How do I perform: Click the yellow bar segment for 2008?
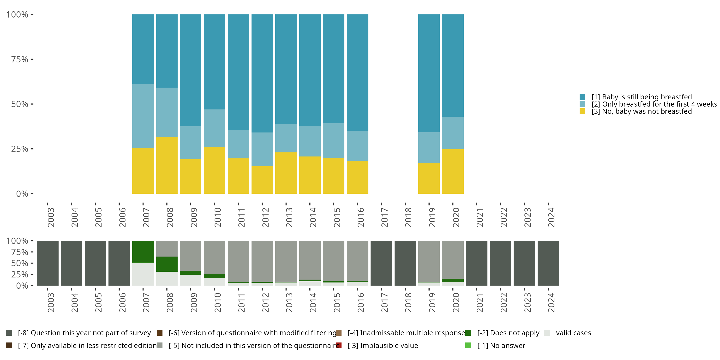click(167, 165)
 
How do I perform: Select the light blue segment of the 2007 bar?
click(143, 116)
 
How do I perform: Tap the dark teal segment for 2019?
click(429, 73)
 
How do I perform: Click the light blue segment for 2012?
click(262, 149)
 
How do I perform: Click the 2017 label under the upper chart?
click(384, 217)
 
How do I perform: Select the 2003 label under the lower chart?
click(51, 302)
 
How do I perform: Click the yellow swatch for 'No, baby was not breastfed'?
click(582, 112)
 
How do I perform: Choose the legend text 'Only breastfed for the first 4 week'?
click(652, 104)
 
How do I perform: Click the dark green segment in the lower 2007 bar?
click(143, 252)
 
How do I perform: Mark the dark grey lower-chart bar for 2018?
click(405, 263)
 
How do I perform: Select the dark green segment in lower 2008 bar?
click(167, 264)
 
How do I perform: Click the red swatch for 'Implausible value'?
click(339, 345)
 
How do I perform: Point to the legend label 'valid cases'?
click(573, 333)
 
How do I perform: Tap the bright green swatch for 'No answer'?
click(468, 345)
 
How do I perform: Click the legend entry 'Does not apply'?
click(508, 333)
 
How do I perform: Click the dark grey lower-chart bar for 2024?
click(548, 263)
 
